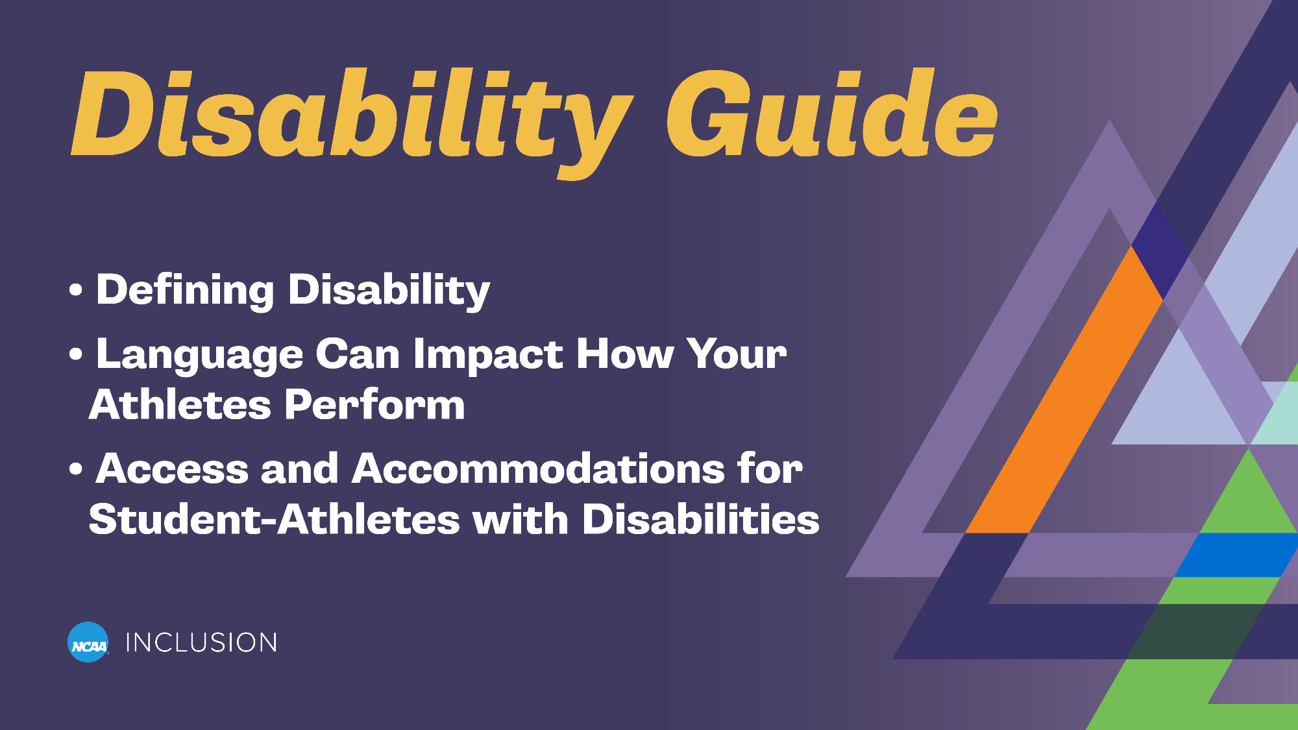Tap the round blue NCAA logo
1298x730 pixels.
point(88,642)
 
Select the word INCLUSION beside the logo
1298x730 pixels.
point(201,642)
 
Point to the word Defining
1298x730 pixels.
point(185,289)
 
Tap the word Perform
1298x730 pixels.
point(374,405)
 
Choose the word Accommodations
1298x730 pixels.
point(538,468)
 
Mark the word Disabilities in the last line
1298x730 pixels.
point(701,520)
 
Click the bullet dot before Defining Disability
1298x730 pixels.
point(76,290)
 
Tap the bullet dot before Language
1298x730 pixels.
point(76,354)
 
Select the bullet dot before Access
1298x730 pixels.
point(76,468)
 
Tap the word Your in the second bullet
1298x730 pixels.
point(737,355)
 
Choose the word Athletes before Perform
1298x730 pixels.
point(180,405)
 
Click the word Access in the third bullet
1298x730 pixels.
point(172,468)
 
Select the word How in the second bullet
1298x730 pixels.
point(625,355)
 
